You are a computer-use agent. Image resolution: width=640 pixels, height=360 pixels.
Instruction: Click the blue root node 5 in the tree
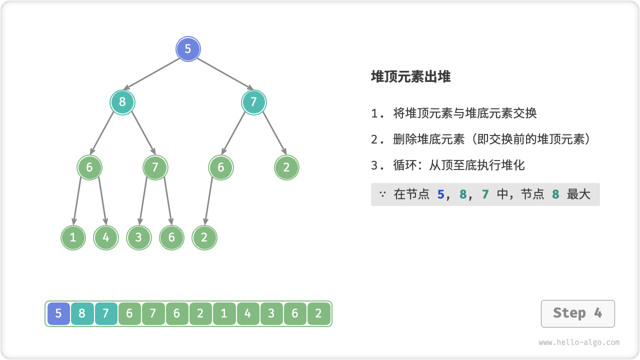pos(188,49)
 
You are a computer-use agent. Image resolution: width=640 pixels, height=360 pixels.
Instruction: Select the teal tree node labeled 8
pos(122,102)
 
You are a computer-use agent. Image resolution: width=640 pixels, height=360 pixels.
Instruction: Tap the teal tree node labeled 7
pos(253,102)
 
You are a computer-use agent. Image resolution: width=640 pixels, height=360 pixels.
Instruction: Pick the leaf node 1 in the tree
pos(73,237)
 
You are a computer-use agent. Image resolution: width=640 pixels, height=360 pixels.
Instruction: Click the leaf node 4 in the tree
pos(106,237)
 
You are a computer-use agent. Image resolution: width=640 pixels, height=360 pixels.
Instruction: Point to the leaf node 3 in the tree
pos(139,237)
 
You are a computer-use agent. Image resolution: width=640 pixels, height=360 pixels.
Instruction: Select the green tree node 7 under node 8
pos(155,167)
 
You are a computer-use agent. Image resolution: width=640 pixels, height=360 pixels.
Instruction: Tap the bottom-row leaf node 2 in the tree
pos(204,237)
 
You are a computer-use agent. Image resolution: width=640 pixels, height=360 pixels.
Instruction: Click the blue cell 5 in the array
pos(58,314)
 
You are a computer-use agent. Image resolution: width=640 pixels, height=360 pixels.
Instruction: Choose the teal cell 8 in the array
pos(82,314)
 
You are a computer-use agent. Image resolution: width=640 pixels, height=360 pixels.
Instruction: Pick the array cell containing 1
pos(224,314)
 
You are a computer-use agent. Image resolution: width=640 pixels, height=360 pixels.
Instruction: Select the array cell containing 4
pos(248,314)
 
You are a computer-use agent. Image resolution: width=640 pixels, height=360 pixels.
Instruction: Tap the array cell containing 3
pos(271,314)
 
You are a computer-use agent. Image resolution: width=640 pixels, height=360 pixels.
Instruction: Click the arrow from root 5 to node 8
pos(152,74)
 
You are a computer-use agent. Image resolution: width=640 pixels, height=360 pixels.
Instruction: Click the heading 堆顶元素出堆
pos(410,76)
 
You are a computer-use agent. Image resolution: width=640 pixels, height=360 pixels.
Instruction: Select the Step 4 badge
pos(577,313)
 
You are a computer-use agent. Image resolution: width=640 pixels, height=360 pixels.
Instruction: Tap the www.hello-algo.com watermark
pos(579,342)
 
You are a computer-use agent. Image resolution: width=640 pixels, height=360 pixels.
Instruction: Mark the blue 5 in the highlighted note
pos(440,194)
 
